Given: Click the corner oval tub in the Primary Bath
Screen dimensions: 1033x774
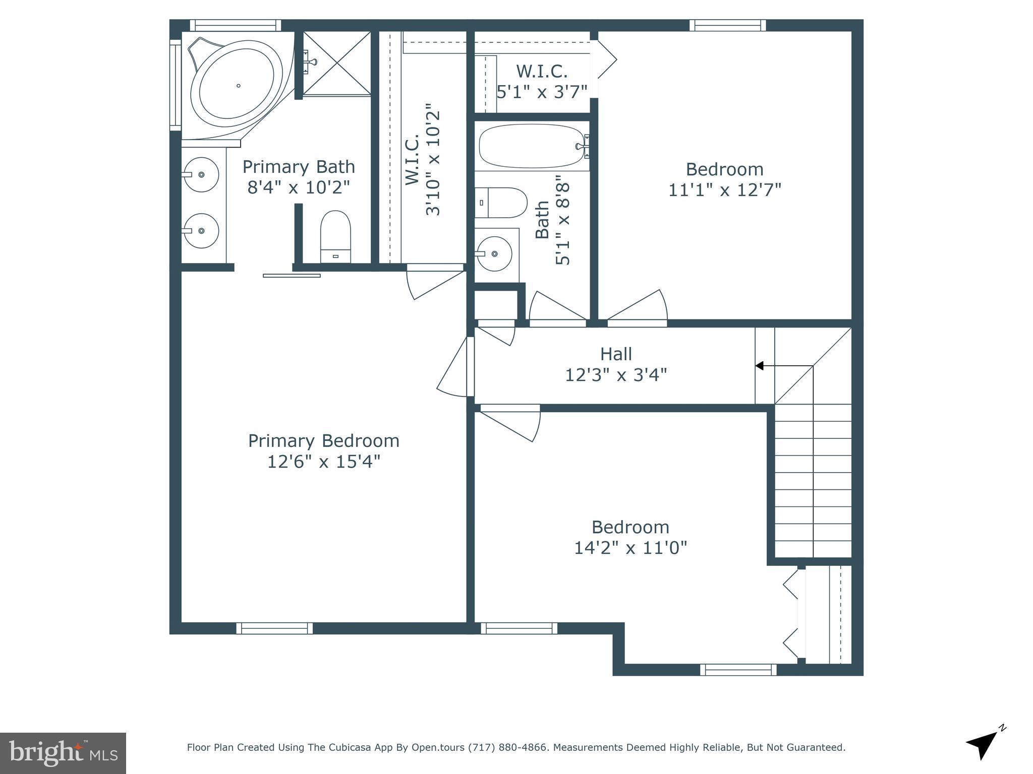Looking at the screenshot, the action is pyautogui.click(x=237, y=86).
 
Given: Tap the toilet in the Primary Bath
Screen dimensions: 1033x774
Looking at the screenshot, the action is pyautogui.click(x=335, y=236).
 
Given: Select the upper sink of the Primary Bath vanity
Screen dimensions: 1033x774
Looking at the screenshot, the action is pyautogui.click(x=201, y=174).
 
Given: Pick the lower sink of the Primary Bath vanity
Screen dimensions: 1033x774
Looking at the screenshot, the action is pyautogui.click(x=201, y=231).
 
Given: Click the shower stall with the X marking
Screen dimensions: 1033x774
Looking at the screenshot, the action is pyautogui.click(x=336, y=63).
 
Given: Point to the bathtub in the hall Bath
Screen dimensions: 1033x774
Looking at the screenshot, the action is pyautogui.click(x=533, y=146).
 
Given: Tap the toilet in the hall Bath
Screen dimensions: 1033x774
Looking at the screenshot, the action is pyautogui.click(x=501, y=203).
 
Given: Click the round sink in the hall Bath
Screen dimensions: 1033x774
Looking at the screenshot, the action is pyautogui.click(x=494, y=253).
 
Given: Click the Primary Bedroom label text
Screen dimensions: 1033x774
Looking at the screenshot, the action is pyautogui.click(x=324, y=441).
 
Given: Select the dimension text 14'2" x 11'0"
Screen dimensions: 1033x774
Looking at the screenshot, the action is pyautogui.click(x=630, y=547).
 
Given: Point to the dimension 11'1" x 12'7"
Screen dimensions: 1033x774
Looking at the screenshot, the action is pyautogui.click(x=725, y=190).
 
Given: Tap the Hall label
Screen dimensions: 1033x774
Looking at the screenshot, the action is pyautogui.click(x=616, y=354).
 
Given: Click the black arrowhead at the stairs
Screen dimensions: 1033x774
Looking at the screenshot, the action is pyautogui.click(x=759, y=366).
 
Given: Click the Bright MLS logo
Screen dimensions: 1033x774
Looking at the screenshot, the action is pyautogui.click(x=63, y=753).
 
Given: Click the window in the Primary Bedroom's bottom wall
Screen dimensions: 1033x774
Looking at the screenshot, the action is pyautogui.click(x=274, y=628).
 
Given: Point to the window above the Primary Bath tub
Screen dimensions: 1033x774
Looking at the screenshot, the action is pyautogui.click(x=236, y=25).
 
